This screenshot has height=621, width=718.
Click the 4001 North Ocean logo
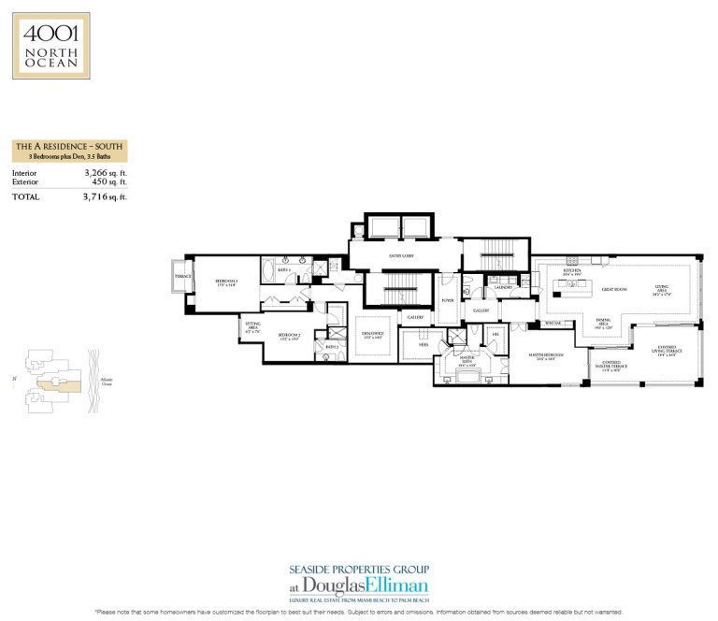pyautogui.click(x=51, y=45)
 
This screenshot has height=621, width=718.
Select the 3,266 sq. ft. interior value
pyautogui.click(x=103, y=173)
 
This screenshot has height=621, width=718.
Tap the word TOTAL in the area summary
pyautogui.click(x=26, y=197)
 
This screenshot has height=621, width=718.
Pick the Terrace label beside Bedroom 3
pyautogui.click(x=183, y=276)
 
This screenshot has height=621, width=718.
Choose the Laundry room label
pyautogui.click(x=503, y=287)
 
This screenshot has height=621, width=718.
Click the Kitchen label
pyautogui.click(x=573, y=273)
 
